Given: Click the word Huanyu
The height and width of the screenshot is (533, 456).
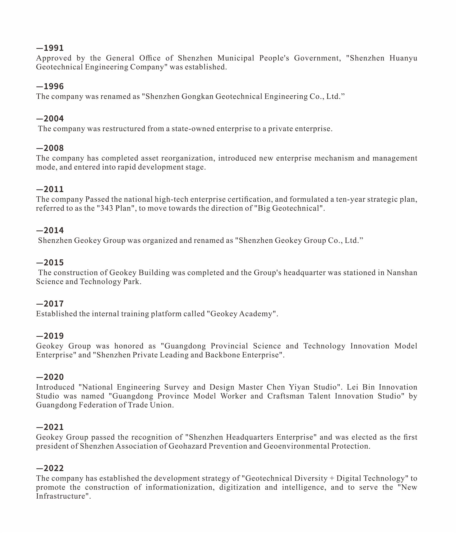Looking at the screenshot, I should (x=403, y=58).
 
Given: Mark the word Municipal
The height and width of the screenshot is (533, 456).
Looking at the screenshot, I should (x=236, y=58).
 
